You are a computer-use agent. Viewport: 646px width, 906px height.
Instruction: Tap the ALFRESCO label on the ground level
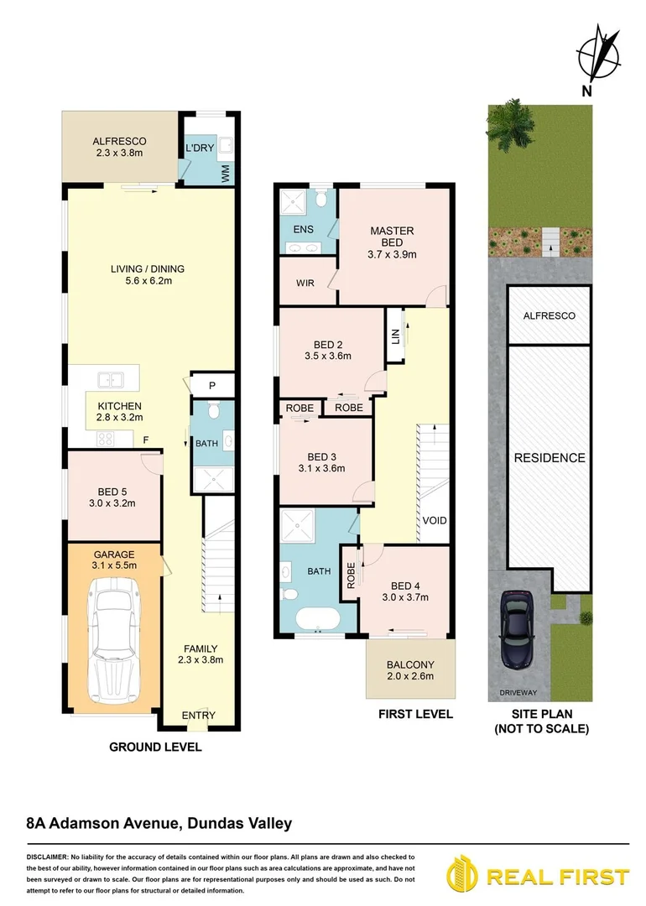(119, 141)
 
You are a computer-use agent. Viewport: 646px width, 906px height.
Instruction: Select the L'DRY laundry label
(200, 148)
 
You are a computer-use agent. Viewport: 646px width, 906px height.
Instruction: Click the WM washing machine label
(226, 173)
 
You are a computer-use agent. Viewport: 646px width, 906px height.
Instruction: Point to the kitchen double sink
(111, 380)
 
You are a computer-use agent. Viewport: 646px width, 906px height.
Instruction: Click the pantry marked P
(212, 385)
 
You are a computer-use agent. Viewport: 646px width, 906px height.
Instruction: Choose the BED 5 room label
(112, 492)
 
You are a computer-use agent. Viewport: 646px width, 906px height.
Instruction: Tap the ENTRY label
(199, 716)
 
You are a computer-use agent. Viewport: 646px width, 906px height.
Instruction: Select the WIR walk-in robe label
(305, 284)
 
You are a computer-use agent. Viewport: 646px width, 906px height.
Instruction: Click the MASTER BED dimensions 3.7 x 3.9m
(392, 254)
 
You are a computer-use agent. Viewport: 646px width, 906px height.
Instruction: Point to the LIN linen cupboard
(394, 336)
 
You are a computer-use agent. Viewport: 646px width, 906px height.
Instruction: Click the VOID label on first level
(435, 521)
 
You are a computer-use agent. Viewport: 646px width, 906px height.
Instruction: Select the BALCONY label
(410, 665)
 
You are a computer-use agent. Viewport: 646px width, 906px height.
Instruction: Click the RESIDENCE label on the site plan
(550, 458)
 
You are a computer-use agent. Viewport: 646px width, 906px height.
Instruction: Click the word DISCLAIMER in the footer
(46, 857)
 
